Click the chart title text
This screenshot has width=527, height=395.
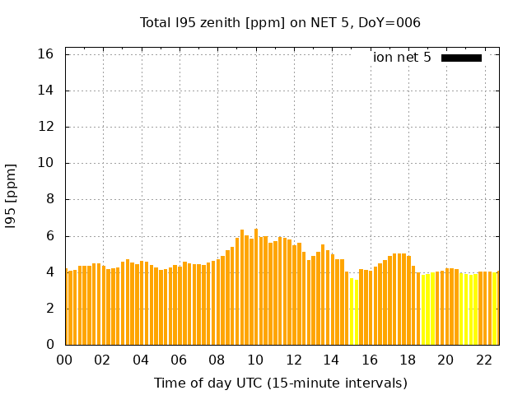280,22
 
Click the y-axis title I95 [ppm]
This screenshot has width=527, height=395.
12,195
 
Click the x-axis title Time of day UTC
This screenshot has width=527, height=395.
280,383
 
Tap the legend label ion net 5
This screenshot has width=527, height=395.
402,58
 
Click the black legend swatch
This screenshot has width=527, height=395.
461,58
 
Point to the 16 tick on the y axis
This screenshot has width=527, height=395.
46,54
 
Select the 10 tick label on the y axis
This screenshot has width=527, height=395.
46,163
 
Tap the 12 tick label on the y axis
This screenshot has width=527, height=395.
46,127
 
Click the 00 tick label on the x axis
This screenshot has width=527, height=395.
65,360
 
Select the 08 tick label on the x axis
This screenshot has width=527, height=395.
217,360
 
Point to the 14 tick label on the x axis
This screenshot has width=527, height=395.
331,360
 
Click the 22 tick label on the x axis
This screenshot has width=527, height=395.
483,360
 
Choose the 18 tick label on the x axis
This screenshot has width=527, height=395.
407,360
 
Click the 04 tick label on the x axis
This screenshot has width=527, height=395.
141,360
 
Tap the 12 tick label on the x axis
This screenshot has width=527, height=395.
293,360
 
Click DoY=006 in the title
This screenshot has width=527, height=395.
390,22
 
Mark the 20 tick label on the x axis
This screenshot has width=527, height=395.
445,360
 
